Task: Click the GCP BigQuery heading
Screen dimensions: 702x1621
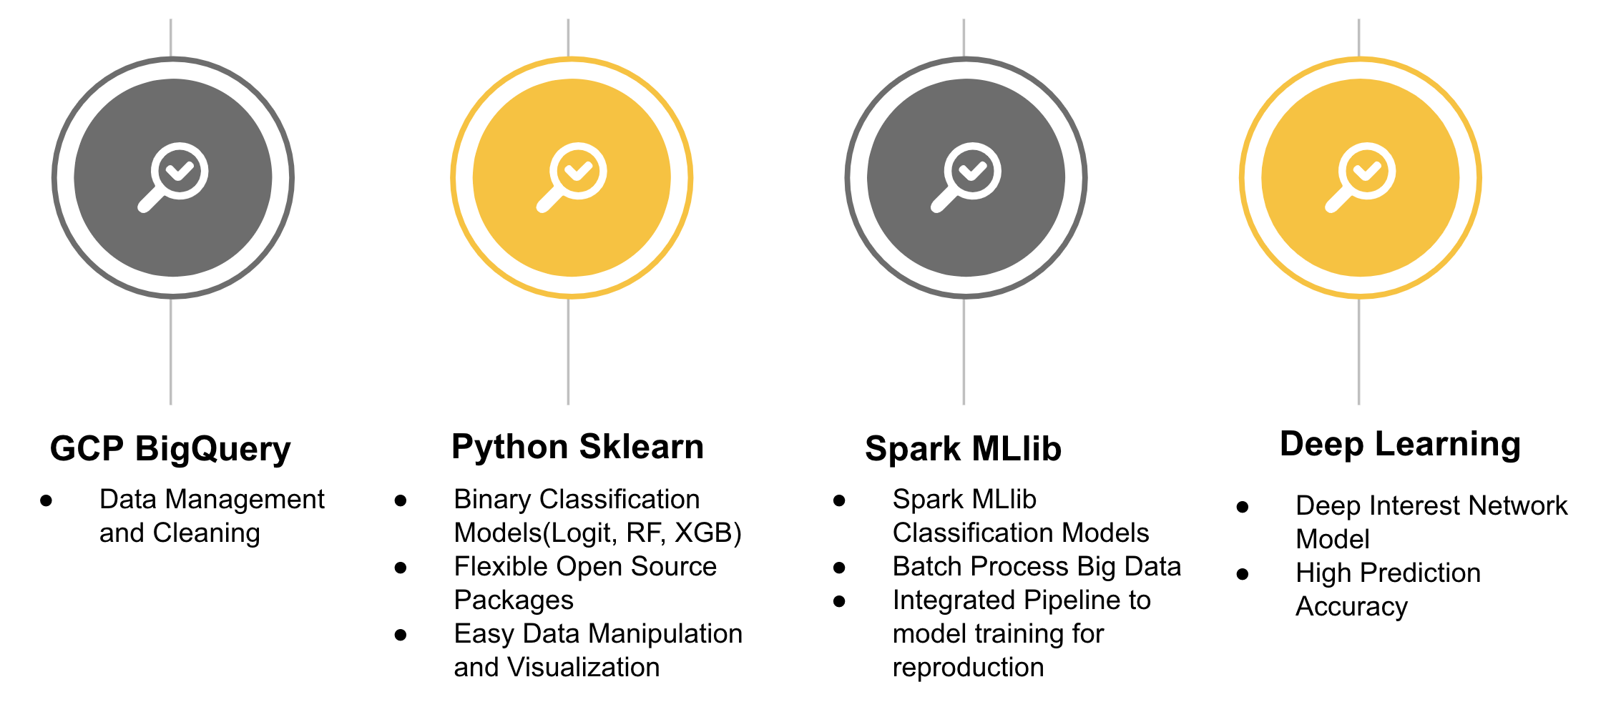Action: click(x=170, y=449)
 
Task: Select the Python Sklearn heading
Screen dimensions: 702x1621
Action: click(x=577, y=447)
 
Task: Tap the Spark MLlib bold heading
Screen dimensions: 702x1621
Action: click(x=963, y=449)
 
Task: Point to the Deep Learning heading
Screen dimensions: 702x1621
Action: click(x=1400, y=444)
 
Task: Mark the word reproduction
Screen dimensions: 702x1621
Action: click(x=968, y=668)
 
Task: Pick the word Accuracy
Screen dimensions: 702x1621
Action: click(x=1351, y=607)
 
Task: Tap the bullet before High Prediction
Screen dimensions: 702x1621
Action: click(x=1243, y=574)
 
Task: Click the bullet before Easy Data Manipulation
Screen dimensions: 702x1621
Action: click(x=401, y=635)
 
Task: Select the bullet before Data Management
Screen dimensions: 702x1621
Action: click(x=46, y=500)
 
